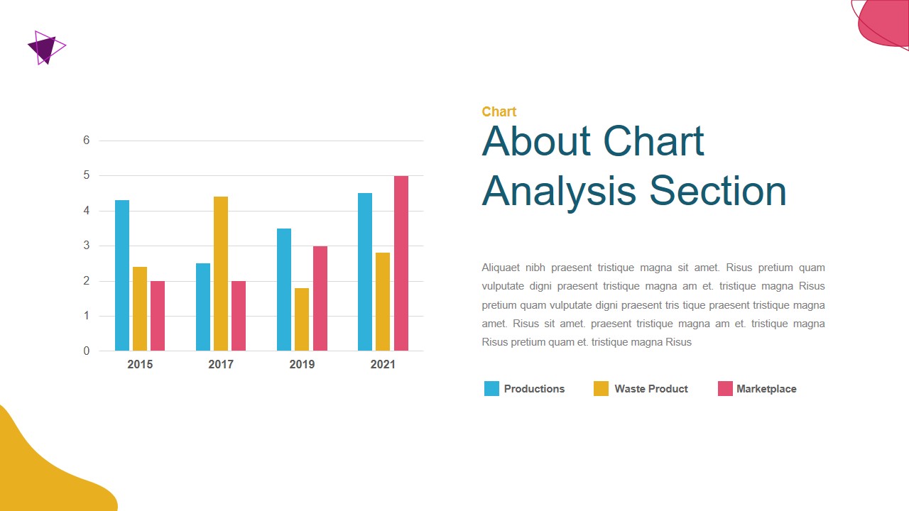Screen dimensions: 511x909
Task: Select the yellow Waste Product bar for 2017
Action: click(x=221, y=273)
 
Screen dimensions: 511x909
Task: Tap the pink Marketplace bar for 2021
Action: click(x=401, y=263)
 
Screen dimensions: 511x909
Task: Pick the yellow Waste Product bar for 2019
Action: click(x=302, y=319)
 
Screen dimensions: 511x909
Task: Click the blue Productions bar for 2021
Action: click(x=365, y=272)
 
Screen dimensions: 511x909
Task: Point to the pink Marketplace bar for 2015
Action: click(x=158, y=316)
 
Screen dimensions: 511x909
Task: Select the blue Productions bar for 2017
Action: click(x=203, y=307)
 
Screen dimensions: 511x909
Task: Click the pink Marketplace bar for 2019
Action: click(x=320, y=298)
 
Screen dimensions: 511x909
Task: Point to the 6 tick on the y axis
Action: click(x=87, y=141)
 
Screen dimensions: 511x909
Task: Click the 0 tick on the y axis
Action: click(x=87, y=351)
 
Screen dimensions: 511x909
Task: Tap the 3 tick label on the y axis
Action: click(x=87, y=246)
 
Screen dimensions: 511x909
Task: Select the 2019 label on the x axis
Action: click(x=302, y=365)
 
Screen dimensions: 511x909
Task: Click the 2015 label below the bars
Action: click(x=140, y=365)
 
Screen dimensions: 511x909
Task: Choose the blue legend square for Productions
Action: click(x=491, y=388)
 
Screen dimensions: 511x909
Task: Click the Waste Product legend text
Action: click(x=651, y=389)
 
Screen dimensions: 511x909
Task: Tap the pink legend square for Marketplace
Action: click(x=725, y=388)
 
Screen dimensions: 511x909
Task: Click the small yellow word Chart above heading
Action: click(x=499, y=111)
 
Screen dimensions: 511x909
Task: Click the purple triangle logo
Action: click(x=45, y=48)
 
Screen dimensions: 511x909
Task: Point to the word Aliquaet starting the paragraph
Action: click(x=501, y=268)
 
